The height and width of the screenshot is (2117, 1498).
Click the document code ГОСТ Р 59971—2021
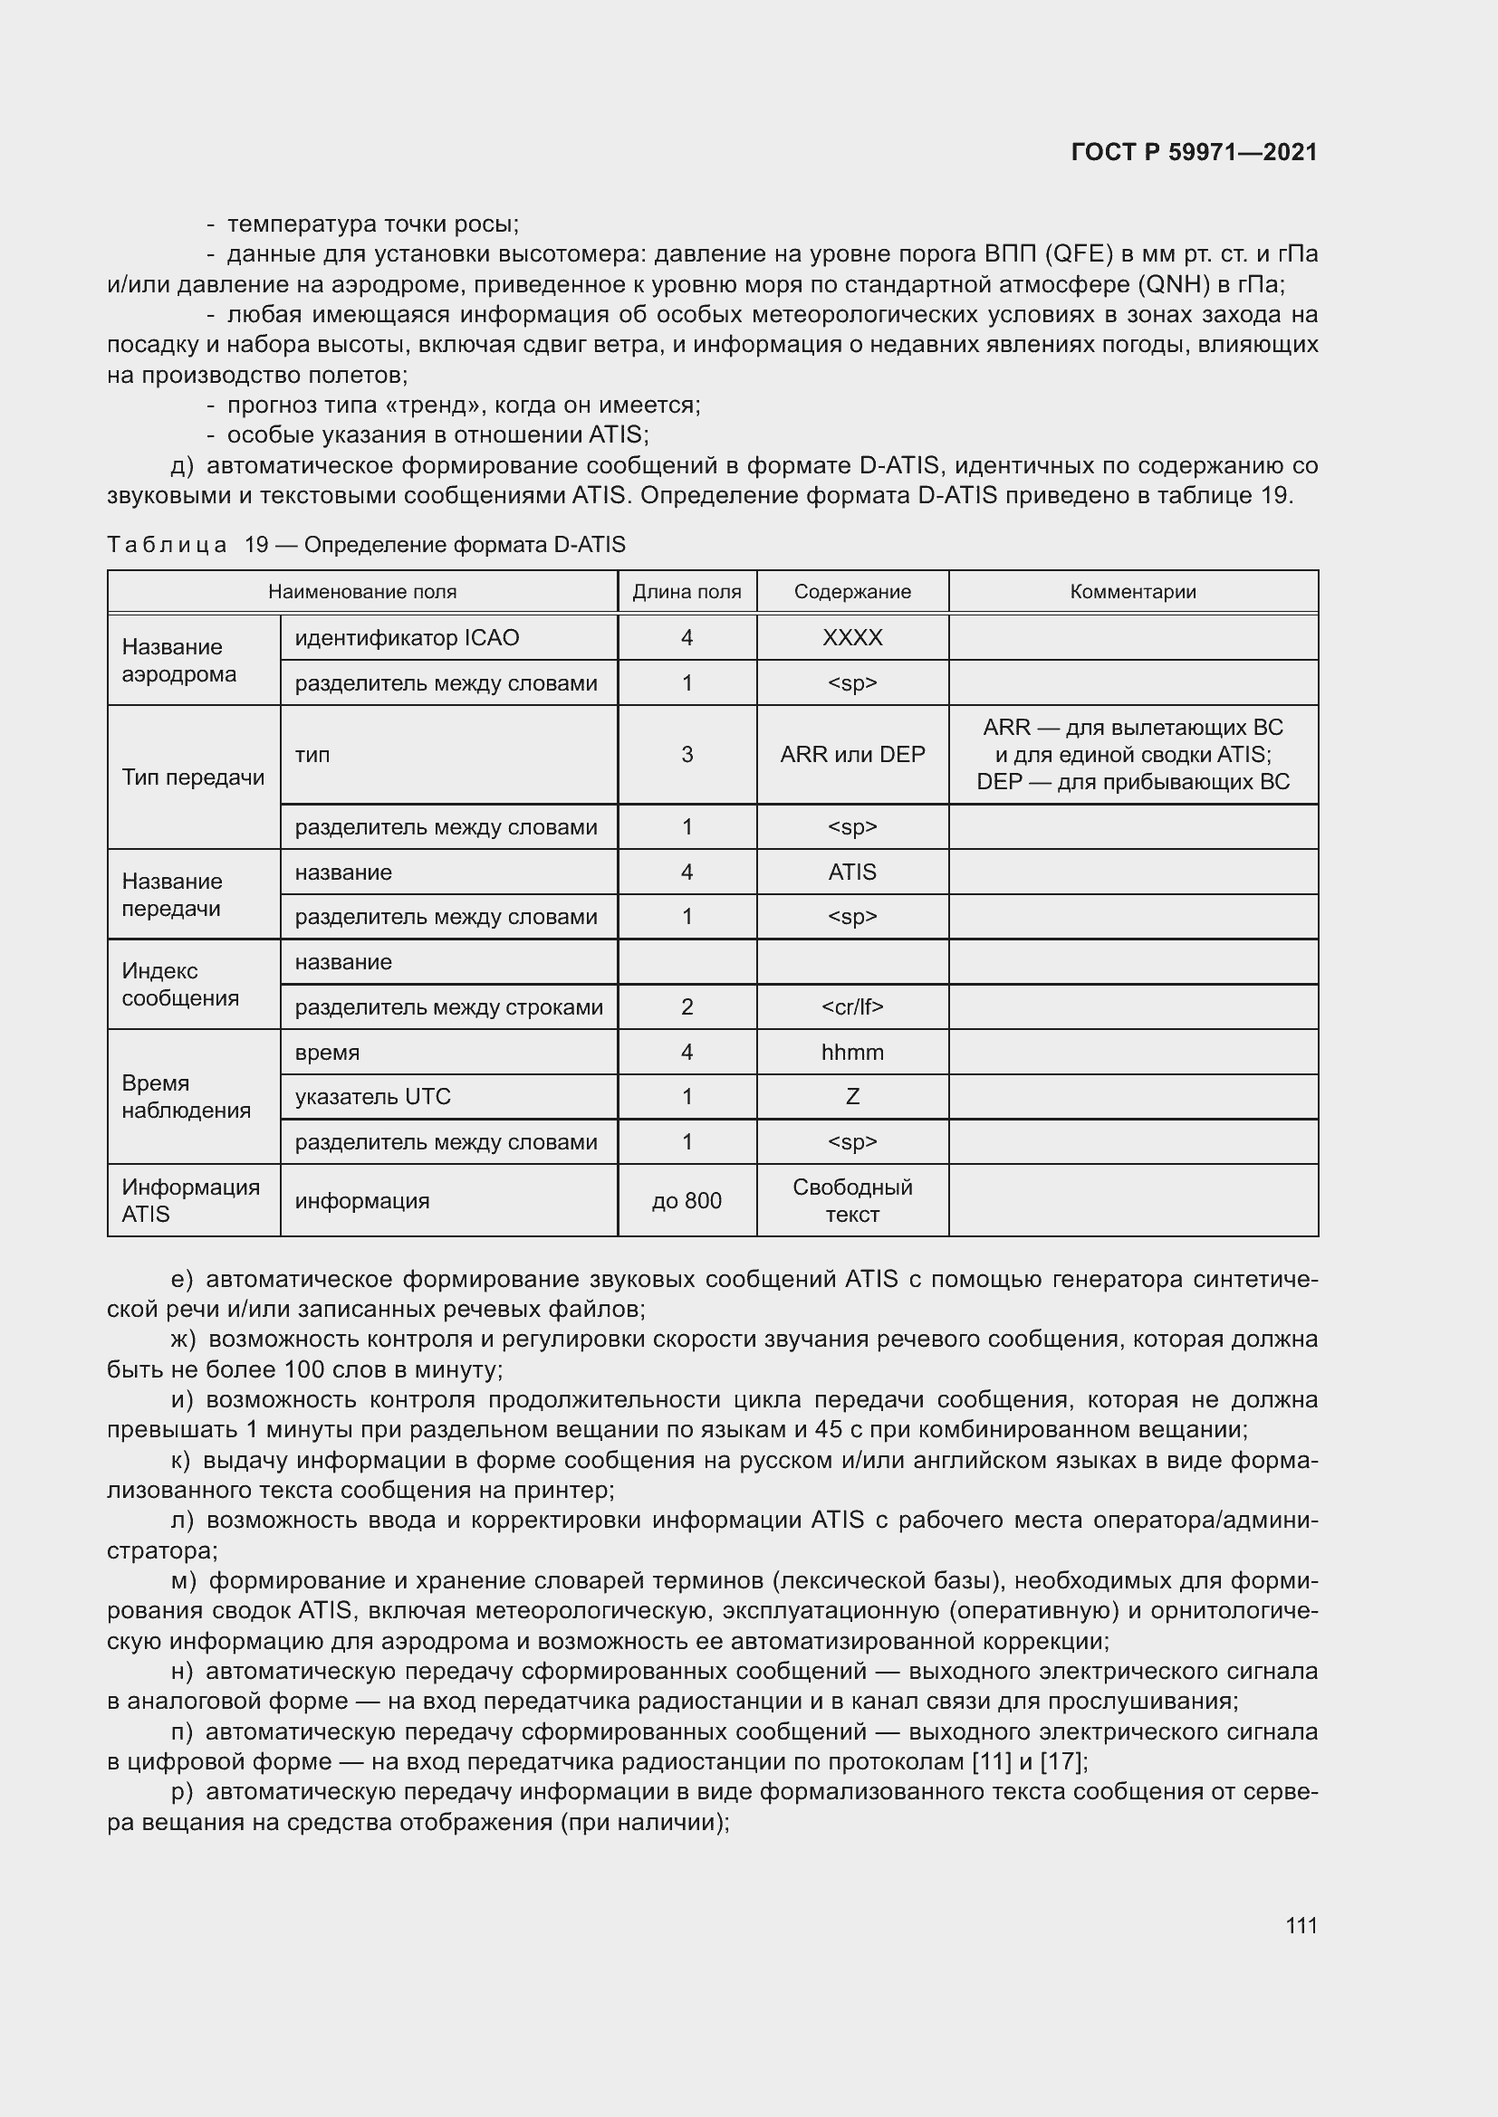[1194, 152]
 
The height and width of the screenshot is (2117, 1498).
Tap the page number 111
[1301, 1925]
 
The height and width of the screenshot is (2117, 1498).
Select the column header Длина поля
[687, 592]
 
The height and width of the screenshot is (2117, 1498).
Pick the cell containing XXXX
[851, 638]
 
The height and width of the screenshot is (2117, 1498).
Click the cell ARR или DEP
[851, 754]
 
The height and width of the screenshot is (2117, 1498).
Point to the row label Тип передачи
[193, 777]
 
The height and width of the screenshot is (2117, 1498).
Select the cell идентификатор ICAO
[407, 638]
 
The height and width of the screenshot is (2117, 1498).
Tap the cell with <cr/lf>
[851, 1006]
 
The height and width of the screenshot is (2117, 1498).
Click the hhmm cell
[851, 1052]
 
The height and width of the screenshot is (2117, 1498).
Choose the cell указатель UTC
[372, 1096]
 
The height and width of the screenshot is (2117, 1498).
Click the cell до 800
[687, 1200]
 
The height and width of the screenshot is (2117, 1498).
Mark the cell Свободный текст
[851, 1200]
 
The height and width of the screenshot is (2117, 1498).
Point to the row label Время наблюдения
[187, 1096]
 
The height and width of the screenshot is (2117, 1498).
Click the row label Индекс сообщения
[180, 984]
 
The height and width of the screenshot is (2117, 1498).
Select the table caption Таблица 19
[189, 545]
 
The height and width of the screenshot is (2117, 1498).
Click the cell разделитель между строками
[448, 1006]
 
